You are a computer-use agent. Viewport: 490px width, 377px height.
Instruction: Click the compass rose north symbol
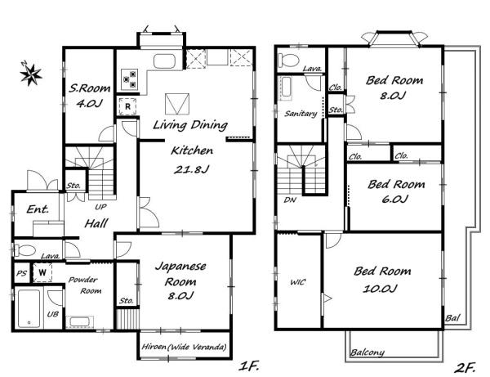pyautogui.click(x=30, y=74)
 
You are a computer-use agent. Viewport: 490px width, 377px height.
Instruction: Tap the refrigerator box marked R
pyautogui.click(x=127, y=106)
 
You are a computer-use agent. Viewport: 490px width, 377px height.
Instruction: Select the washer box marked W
pyautogui.click(x=42, y=272)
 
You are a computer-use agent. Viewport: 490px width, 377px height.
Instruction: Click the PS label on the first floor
pyautogui.click(x=21, y=273)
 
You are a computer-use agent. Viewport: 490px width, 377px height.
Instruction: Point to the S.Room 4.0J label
pyautogui.click(x=89, y=96)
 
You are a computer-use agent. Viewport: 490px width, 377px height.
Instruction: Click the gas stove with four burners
pyautogui.click(x=129, y=79)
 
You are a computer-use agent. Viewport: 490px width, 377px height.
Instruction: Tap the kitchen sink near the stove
pyautogui.click(x=164, y=61)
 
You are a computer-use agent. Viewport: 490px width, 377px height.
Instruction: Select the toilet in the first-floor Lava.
pyautogui.click(x=24, y=250)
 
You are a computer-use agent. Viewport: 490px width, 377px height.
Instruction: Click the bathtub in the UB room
pyautogui.click(x=29, y=308)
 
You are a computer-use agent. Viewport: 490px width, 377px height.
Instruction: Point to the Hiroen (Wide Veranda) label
pyautogui.click(x=184, y=347)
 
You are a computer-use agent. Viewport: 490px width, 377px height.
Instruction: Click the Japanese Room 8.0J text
pyautogui.click(x=180, y=281)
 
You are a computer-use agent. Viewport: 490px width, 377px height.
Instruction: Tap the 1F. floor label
pyautogui.click(x=249, y=366)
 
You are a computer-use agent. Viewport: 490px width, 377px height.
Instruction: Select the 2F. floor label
pyautogui.click(x=465, y=368)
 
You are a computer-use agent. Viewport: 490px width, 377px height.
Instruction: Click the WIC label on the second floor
pyautogui.click(x=297, y=282)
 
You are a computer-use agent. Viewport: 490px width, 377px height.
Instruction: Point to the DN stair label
pyautogui.click(x=290, y=200)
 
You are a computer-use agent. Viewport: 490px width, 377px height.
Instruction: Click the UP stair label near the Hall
pyautogui.click(x=100, y=207)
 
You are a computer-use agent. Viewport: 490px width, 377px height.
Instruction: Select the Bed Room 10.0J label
pyautogui.click(x=382, y=280)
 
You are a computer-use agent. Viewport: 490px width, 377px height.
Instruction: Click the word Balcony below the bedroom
pyautogui.click(x=367, y=352)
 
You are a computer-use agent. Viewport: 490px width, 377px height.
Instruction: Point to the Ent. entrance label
pyautogui.click(x=38, y=209)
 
